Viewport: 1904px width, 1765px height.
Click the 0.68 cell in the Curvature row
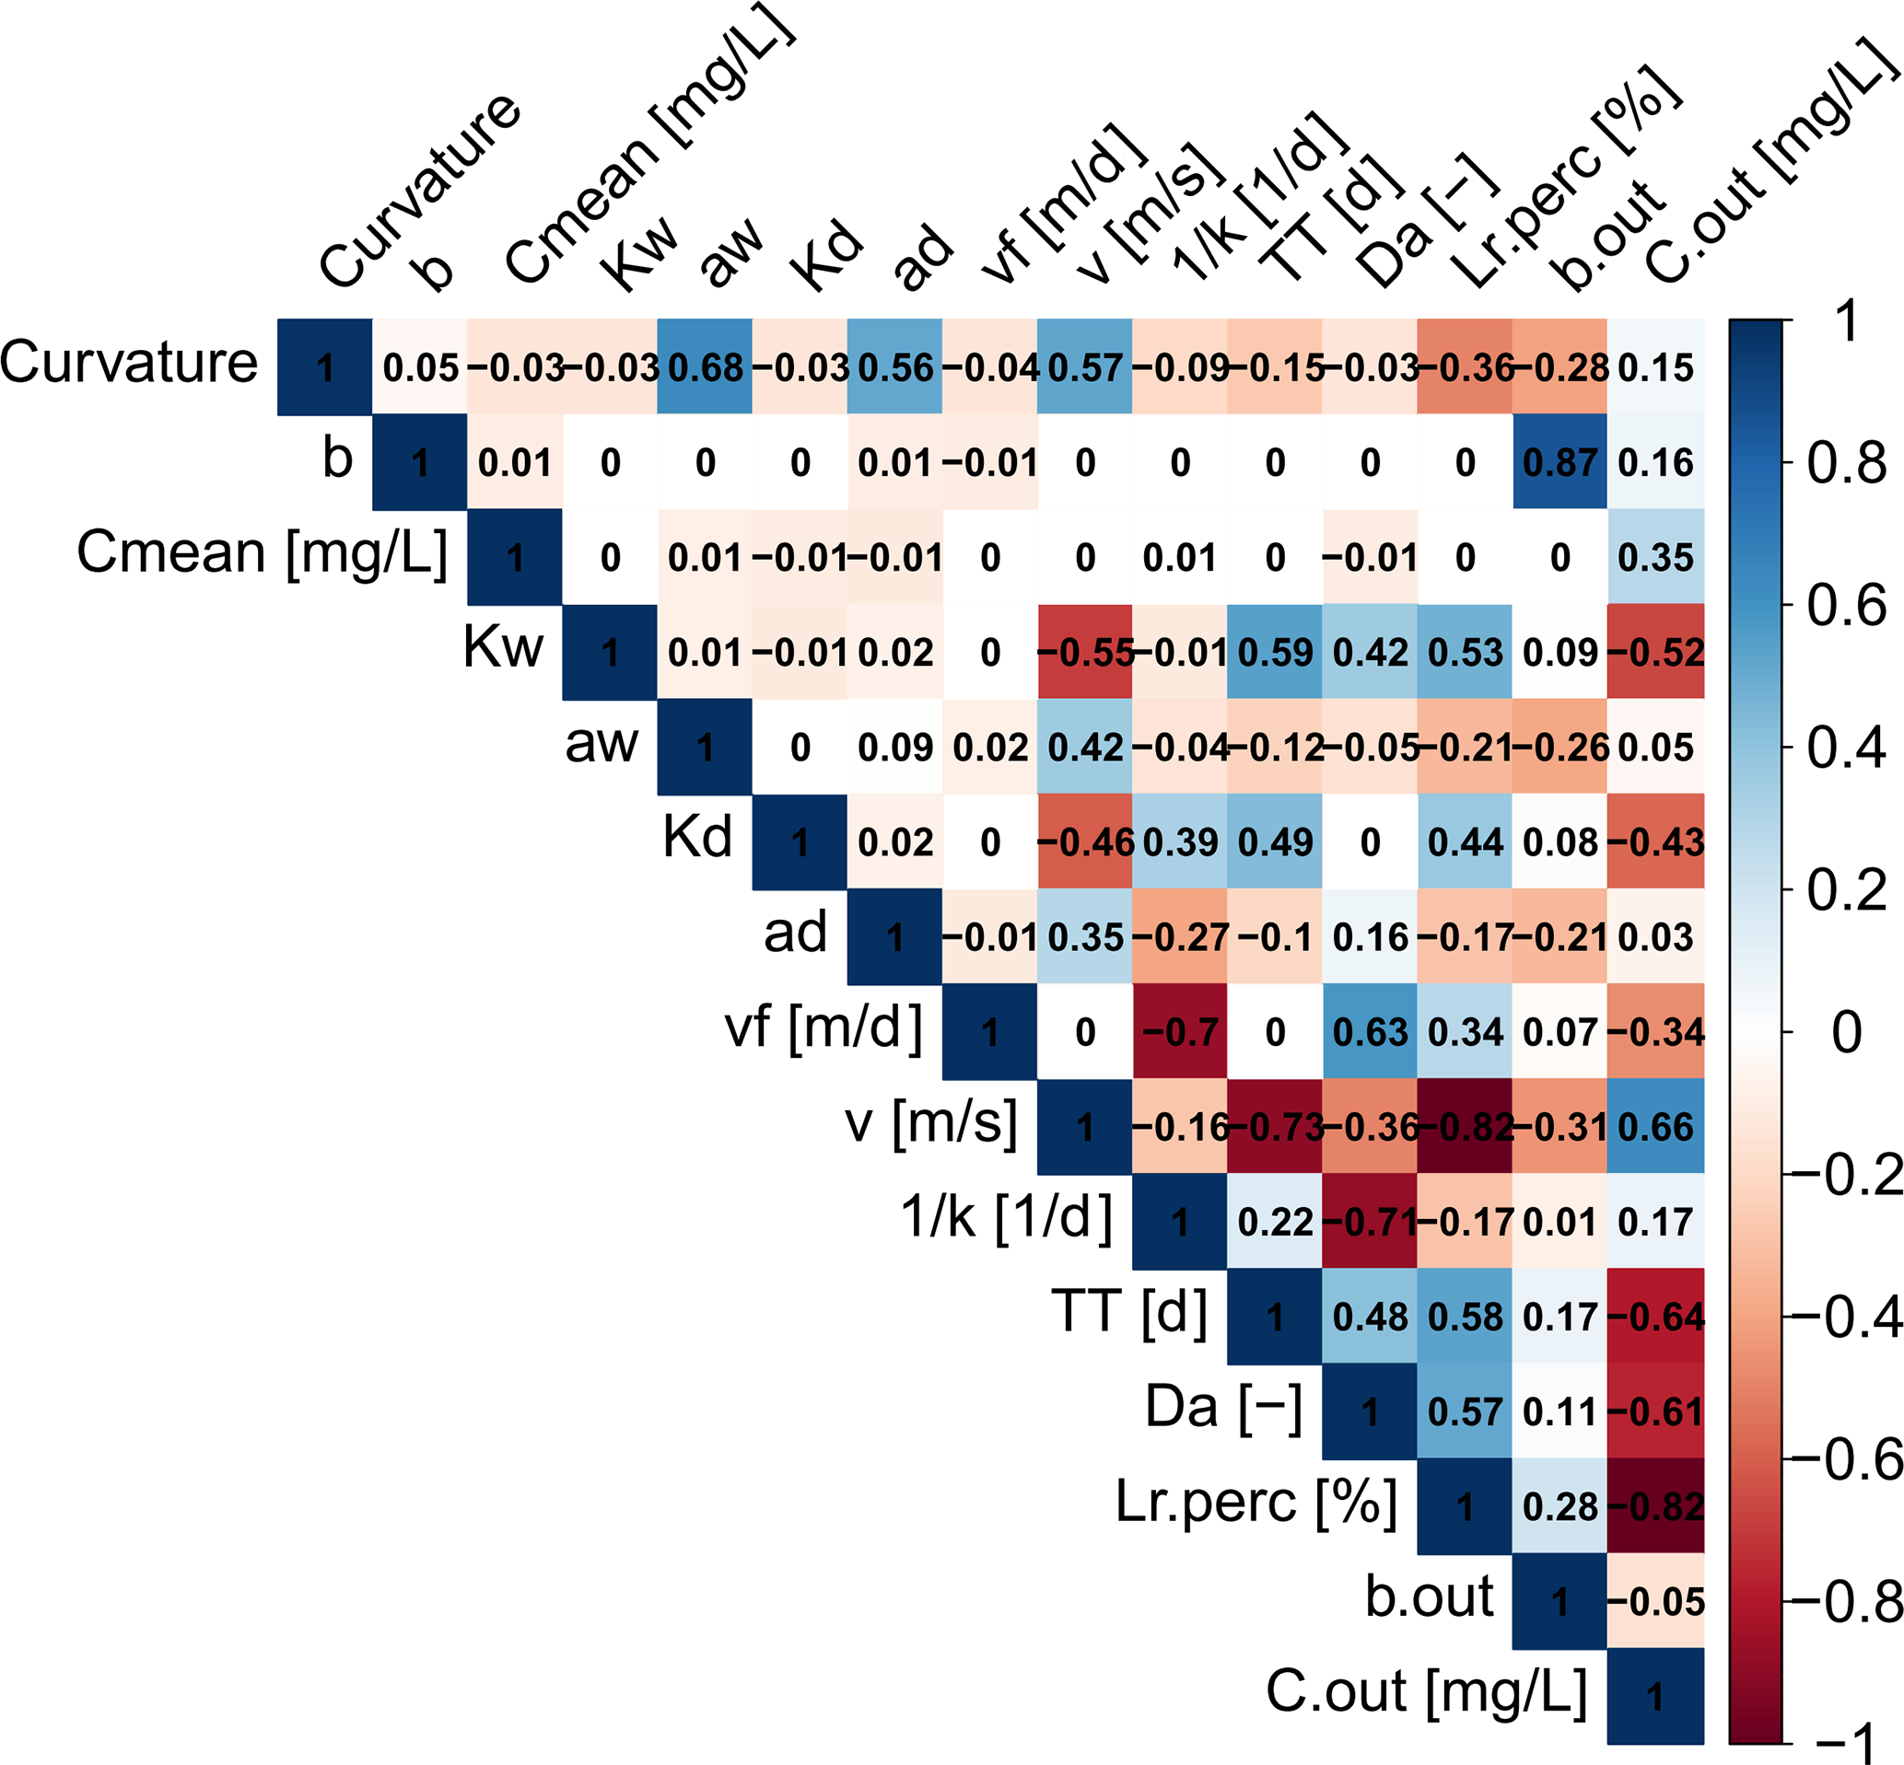[705, 367]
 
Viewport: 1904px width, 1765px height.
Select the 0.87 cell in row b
[1559, 463]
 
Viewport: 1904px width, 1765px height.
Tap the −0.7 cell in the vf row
[1180, 1032]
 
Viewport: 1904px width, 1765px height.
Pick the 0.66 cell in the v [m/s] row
[1654, 1127]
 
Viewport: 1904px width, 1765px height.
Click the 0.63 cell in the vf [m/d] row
[1370, 1032]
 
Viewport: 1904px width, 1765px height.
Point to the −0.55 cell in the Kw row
[1085, 653]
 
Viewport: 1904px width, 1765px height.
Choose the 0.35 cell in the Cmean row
[1654, 558]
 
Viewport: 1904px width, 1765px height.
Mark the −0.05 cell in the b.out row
[1654, 1602]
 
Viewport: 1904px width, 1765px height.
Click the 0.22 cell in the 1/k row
[1275, 1223]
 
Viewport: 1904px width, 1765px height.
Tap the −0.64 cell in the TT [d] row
[1654, 1317]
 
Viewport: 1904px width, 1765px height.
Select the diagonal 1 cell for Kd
[800, 842]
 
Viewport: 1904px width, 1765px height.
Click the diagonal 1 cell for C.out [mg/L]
[1654, 1696]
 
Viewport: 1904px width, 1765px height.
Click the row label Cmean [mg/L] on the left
[262, 554]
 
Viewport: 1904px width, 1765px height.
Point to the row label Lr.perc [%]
[1256, 1503]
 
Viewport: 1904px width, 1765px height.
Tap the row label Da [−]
[1224, 1408]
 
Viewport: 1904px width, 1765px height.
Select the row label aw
[601, 743]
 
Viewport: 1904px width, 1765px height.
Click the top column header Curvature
[421, 190]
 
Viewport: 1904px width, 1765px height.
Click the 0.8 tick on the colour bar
[1846, 464]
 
